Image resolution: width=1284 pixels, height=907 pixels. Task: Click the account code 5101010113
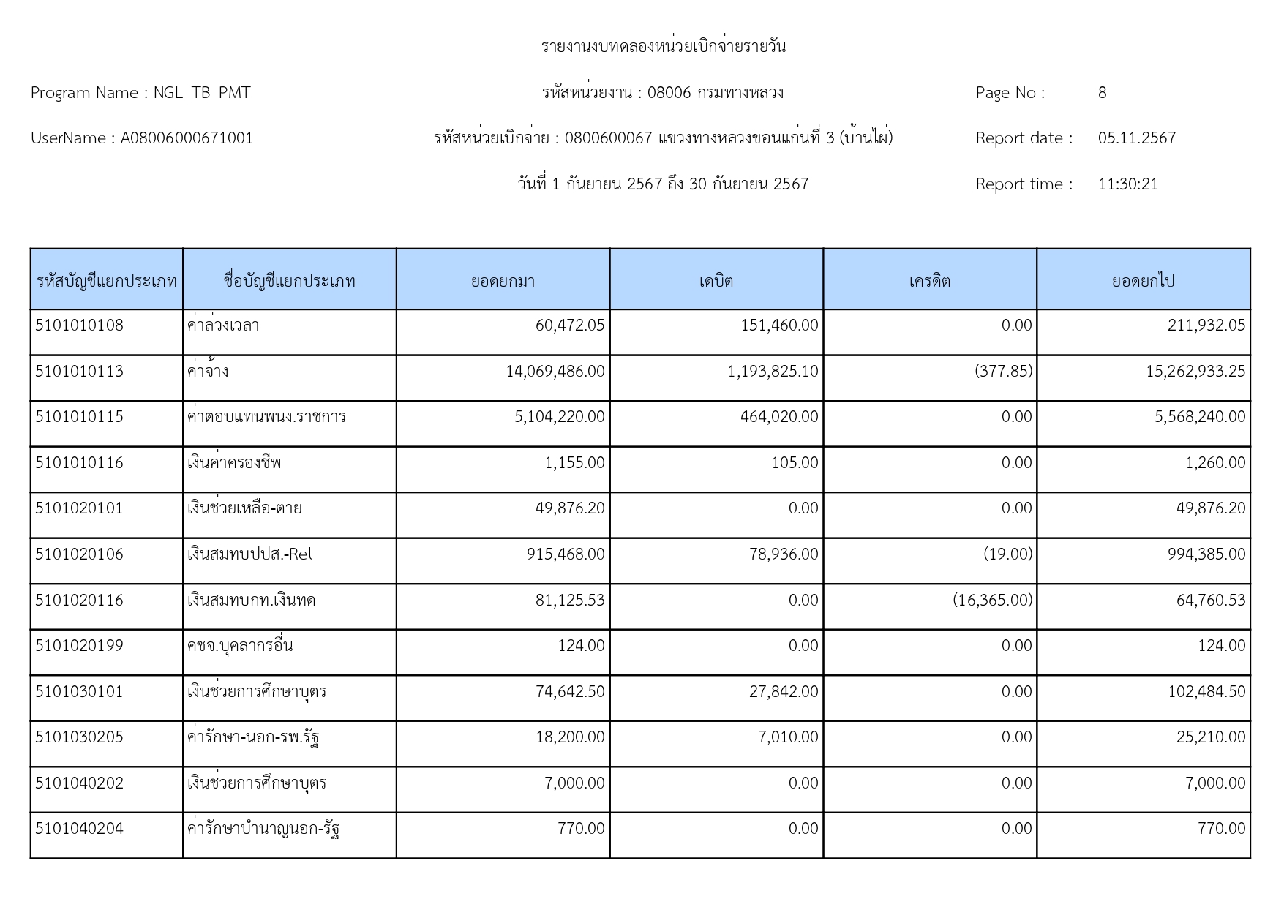(79, 372)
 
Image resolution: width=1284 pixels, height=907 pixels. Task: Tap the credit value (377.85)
(1003, 372)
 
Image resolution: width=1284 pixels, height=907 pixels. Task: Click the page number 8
(1102, 93)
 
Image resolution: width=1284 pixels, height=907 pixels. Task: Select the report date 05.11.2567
(1136, 138)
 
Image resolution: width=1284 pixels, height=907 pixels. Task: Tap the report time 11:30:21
(1127, 184)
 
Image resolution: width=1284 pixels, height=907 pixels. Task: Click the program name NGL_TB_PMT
(201, 93)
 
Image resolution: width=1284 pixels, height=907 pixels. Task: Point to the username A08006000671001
(187, 138)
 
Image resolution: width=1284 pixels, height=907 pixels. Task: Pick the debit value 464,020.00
(779, 417)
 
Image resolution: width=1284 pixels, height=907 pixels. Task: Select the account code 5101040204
(79, 829)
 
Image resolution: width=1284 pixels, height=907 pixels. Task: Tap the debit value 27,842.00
(783, 692)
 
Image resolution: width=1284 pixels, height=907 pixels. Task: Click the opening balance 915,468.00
(566, 554)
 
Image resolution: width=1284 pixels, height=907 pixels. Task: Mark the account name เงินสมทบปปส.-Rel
(249, 554)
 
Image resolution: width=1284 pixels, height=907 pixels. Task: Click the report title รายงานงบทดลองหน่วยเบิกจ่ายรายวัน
(664, 47)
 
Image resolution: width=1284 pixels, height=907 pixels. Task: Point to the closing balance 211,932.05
(1206, 325)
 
